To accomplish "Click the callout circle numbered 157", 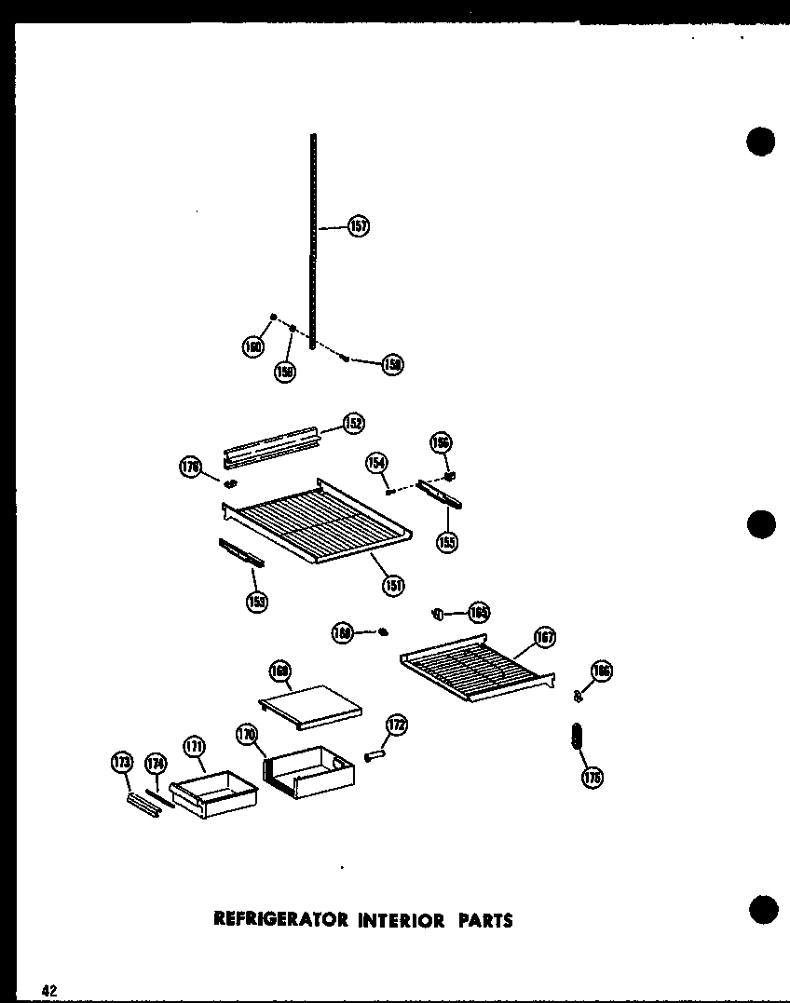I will click(359, 225).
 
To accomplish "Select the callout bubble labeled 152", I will click(353, 423).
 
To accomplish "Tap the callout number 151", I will click(393, 584).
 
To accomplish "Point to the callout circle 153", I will click(256, 602).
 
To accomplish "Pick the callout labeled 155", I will click(448, 541).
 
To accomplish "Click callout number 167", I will click(544, 637).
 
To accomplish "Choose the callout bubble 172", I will click(397, 725).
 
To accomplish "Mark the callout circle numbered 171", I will click(194, 746).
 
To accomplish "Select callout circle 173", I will click(122, 762).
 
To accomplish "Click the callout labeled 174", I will click(156, 765).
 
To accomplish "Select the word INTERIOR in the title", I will click(400, 920).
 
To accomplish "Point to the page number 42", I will click(49, 990).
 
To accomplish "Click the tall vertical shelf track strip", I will click(314, 242).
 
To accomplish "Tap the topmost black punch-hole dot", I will click(761, 141).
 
